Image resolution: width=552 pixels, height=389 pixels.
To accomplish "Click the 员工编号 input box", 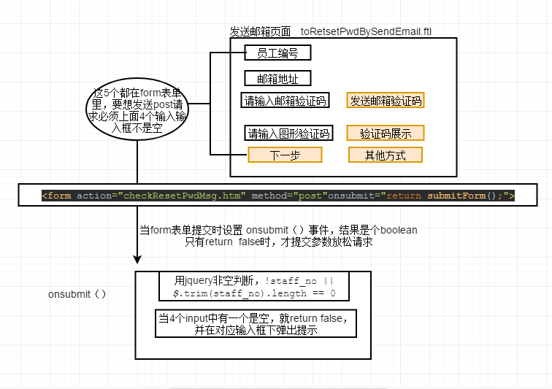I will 277,53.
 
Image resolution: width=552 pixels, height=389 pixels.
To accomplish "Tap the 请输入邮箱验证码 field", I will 285,101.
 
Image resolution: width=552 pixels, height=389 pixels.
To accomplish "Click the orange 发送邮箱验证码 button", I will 386,101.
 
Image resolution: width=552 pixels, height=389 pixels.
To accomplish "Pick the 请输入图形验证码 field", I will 288,133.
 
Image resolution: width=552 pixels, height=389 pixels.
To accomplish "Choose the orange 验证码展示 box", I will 386,133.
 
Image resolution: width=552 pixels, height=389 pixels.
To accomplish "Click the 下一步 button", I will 285,155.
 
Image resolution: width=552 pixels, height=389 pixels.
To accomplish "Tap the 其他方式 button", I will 386,155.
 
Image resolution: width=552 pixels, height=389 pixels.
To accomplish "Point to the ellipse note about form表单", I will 137,110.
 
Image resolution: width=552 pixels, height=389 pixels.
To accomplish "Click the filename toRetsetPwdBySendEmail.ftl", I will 366,32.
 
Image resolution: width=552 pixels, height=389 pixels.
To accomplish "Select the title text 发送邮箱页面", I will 260,32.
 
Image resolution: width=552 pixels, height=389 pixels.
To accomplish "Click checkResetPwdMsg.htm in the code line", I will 183,196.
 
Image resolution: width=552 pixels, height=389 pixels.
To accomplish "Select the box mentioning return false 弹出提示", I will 256,324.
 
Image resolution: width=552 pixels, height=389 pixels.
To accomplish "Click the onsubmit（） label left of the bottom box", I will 77,294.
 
